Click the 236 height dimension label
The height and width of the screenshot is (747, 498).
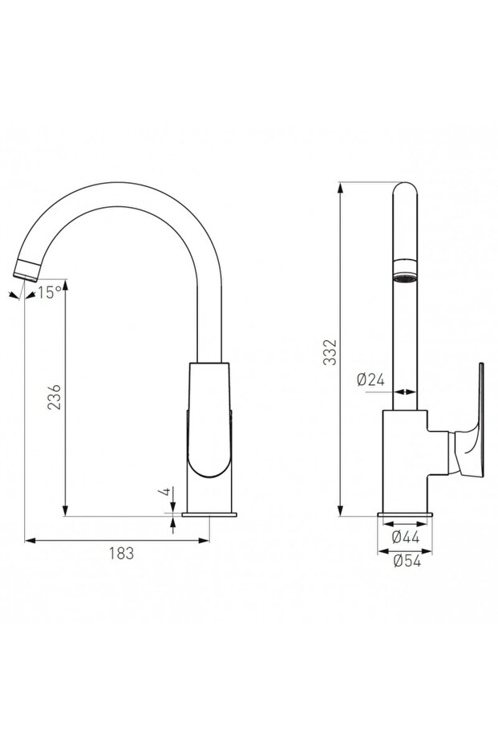click(52, 397)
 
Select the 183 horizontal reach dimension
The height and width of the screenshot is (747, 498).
click(119, 553)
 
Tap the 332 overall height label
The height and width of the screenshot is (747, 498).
click(329, 351)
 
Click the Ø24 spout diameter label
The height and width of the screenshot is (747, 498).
click(371, 381)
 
